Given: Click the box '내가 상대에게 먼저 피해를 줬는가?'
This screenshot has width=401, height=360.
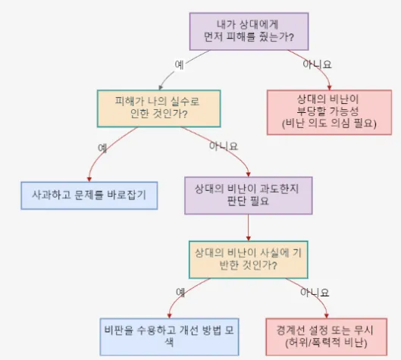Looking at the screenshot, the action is [x=249, y=31].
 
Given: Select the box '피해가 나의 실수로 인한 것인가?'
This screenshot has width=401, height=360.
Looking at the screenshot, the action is [x=159, y=108].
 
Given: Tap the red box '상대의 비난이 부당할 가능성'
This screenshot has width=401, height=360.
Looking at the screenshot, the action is [x=329, y=112].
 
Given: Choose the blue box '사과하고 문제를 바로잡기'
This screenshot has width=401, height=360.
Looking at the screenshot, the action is [x=89, y=196].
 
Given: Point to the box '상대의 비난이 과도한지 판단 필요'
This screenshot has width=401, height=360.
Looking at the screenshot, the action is [x=249, y=196].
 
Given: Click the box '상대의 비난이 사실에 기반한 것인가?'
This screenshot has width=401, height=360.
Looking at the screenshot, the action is [x=249, y=259].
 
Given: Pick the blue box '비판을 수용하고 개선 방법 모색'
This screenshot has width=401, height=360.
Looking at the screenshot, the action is [x=169, y=337].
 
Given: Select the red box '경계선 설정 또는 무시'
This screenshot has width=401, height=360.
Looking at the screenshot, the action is [x=326, y=337].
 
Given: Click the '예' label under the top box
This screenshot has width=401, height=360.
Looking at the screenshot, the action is [x=179, y=64].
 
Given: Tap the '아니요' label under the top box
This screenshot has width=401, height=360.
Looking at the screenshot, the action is [x=317, y=64].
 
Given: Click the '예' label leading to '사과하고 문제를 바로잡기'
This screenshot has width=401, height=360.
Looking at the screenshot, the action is [x=102, y=148].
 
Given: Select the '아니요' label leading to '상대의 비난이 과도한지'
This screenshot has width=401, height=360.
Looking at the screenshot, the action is [x=224, y=146].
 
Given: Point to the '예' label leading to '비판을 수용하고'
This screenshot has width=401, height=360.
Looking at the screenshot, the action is [x=180, y=293].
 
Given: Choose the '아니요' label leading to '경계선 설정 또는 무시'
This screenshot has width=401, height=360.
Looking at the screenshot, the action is [x=315, y=293].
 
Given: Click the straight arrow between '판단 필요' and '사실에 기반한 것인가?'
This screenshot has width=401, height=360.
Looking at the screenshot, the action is [x=249, y=227].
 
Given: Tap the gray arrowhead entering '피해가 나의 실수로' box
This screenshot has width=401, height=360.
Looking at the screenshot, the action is [x=161, y=87].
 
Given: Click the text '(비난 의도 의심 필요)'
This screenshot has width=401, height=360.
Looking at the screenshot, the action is [x=329, y=124].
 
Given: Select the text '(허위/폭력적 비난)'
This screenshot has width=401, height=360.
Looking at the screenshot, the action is [x=326, y=343].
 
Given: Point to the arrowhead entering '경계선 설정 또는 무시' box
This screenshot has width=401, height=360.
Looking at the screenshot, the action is [x=326, y=316].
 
